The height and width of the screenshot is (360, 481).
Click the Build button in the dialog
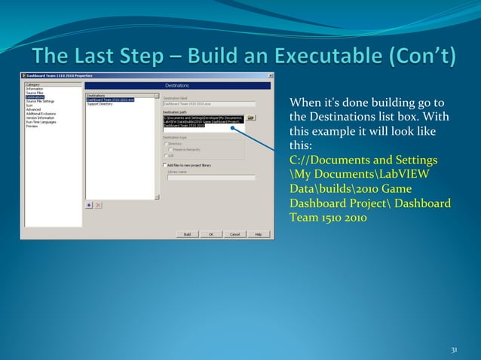coord(187,234)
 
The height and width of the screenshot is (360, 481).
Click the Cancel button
coord(234,234)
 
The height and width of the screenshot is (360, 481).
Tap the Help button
coord(258,234)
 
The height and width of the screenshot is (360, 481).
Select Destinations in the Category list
coord(35,96)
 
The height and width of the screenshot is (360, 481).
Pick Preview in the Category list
coord(32,126)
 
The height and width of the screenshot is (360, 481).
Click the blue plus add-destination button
coord(89,204)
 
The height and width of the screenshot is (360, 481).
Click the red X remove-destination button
coord(98,204)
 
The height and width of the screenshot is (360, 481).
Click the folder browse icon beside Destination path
coord(252,118)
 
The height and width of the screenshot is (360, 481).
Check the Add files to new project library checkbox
coord(165,165)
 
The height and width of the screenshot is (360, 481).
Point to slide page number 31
coord(454,349)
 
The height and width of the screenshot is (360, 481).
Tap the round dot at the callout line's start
coord(234,127)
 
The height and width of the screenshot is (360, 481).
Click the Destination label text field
coord(208,104)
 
